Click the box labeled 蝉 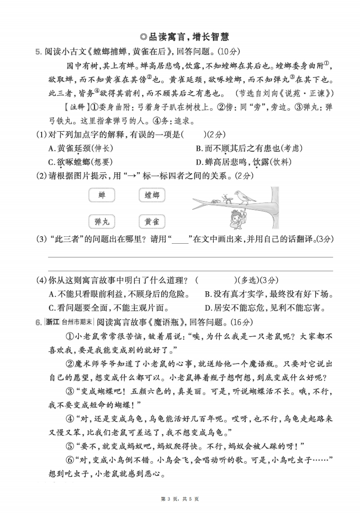[x=101, y=196]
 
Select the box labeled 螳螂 [x=152, y=196]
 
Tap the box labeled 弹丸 [x=101, y=222]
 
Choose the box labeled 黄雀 [x=152, y=222]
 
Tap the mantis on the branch [x=224, y=198]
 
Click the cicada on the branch [x=213, y=200]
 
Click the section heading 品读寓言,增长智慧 [x=180, y=36]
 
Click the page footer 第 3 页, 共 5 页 [x=180, y=499]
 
